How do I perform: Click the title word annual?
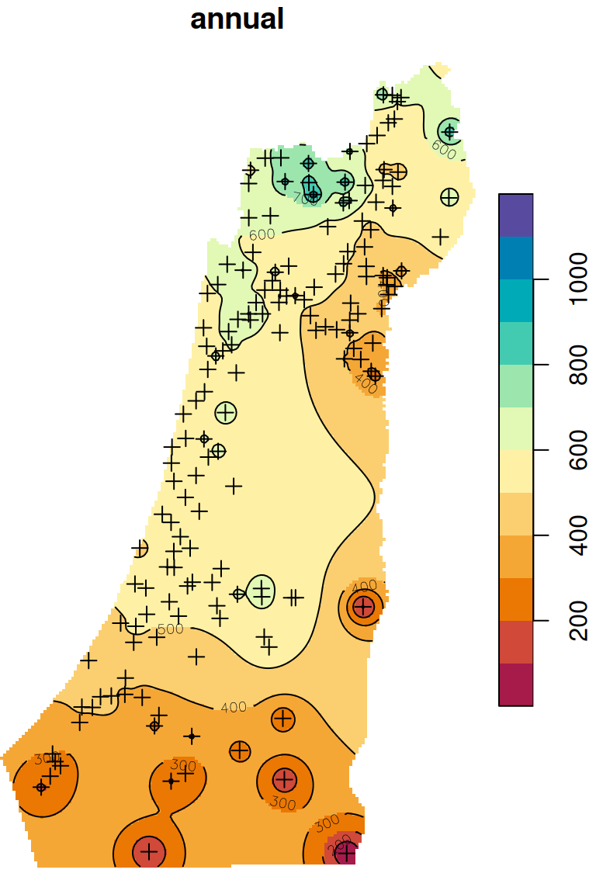click(x=237, y=19)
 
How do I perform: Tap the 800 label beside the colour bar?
click(x=579, y=364)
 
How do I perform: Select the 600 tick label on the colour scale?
click(x=579, y=449)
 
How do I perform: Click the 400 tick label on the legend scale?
click(x=579, y=535)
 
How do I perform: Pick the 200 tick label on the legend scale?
click(x=579, y=621)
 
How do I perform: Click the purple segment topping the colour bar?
click(x=515, y=215)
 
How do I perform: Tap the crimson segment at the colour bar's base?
click(x=515, y=684)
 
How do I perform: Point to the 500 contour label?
click(x=170, y=629)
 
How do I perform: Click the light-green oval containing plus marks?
click(x=262, y=591)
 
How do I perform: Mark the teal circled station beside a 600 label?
click(x=449, y=131)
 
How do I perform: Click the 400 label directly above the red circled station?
click(x=365, y=585)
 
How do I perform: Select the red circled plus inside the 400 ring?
click(x=363, y=606)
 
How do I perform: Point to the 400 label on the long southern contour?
click(x=234, y=707)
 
